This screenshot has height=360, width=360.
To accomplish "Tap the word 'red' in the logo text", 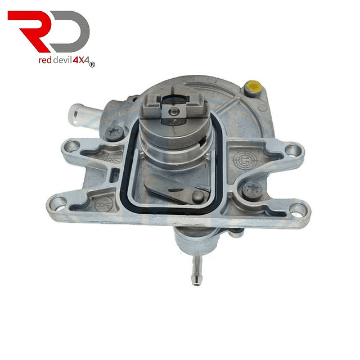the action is pos(45,60).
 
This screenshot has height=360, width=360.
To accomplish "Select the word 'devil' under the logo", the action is pos(62,60).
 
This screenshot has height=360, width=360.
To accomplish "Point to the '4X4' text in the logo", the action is pos(80,60).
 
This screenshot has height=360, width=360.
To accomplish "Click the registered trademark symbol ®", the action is pos(92,65).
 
